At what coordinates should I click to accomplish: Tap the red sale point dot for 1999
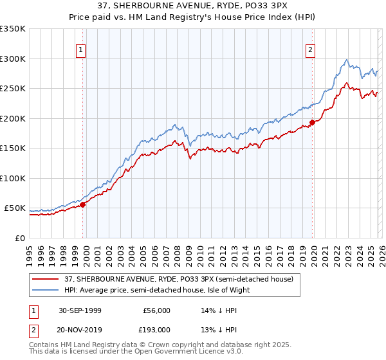pyautogui.click(x=83, y=204)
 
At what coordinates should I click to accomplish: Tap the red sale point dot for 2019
pyautogui.click(x=312, y=122)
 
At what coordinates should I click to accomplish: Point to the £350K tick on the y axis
pyautogui.click(x=13, y=29)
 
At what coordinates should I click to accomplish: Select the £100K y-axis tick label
pyautogui.click(x=13, y=178)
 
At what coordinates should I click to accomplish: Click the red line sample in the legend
pyautogui.click(x=45, y=279)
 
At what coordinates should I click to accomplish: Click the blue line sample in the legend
pyautogui.click(x=45, y=289)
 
